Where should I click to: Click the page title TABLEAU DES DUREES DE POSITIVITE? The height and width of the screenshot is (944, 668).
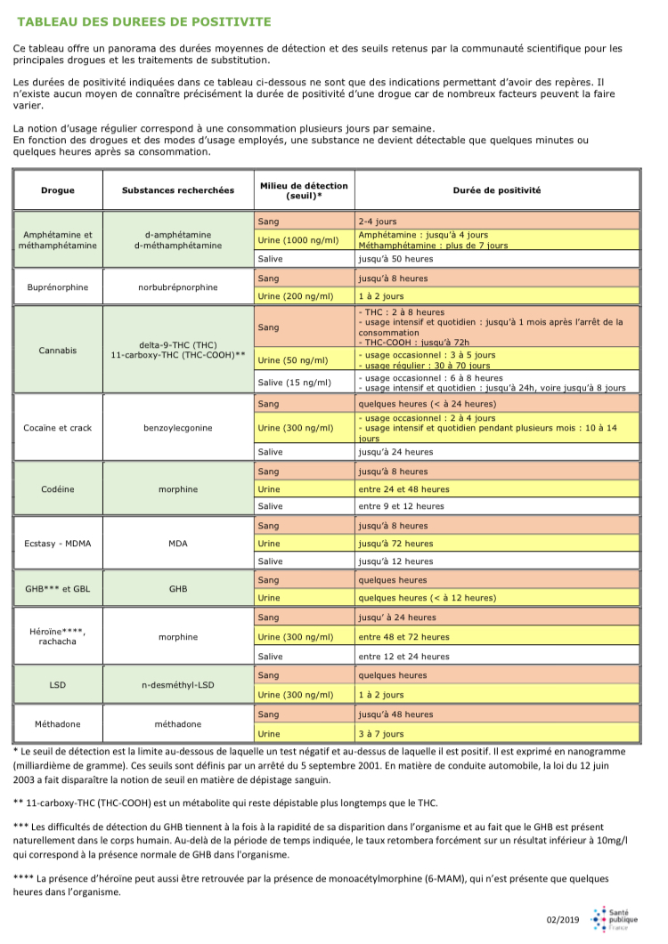pyautogui.click(x=145, y=20)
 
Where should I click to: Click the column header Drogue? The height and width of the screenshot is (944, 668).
pyautogui.click(x=58, y=190)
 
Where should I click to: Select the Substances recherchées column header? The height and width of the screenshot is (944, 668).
pyautogui.click(x=178, y=190)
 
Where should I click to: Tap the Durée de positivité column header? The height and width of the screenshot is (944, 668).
pyautogui.click(x=497, y=190)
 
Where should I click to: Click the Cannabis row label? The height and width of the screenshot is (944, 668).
pyautogui.click(x=58, y=350)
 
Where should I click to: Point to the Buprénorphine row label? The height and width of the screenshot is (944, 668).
pyautogui.click(x=58, y=286)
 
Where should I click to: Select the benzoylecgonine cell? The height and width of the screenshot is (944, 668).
pyautogui.click(x=178, y=427)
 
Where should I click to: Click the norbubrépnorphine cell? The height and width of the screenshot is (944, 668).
pyautogui.click(x=178, y=286)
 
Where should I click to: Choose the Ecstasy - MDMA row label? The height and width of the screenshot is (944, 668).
pyautogui.click(x=58, y=543)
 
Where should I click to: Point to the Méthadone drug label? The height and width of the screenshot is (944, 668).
pyautogui.click(x=58, y=724)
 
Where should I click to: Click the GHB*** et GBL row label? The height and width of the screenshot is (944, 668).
pyautogui.click(x=58, y=588)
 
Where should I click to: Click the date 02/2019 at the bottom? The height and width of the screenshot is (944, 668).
pyautogui.click(x=563, y=919)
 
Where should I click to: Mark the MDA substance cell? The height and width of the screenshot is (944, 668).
pyautogui.click(x=178, y=543)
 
